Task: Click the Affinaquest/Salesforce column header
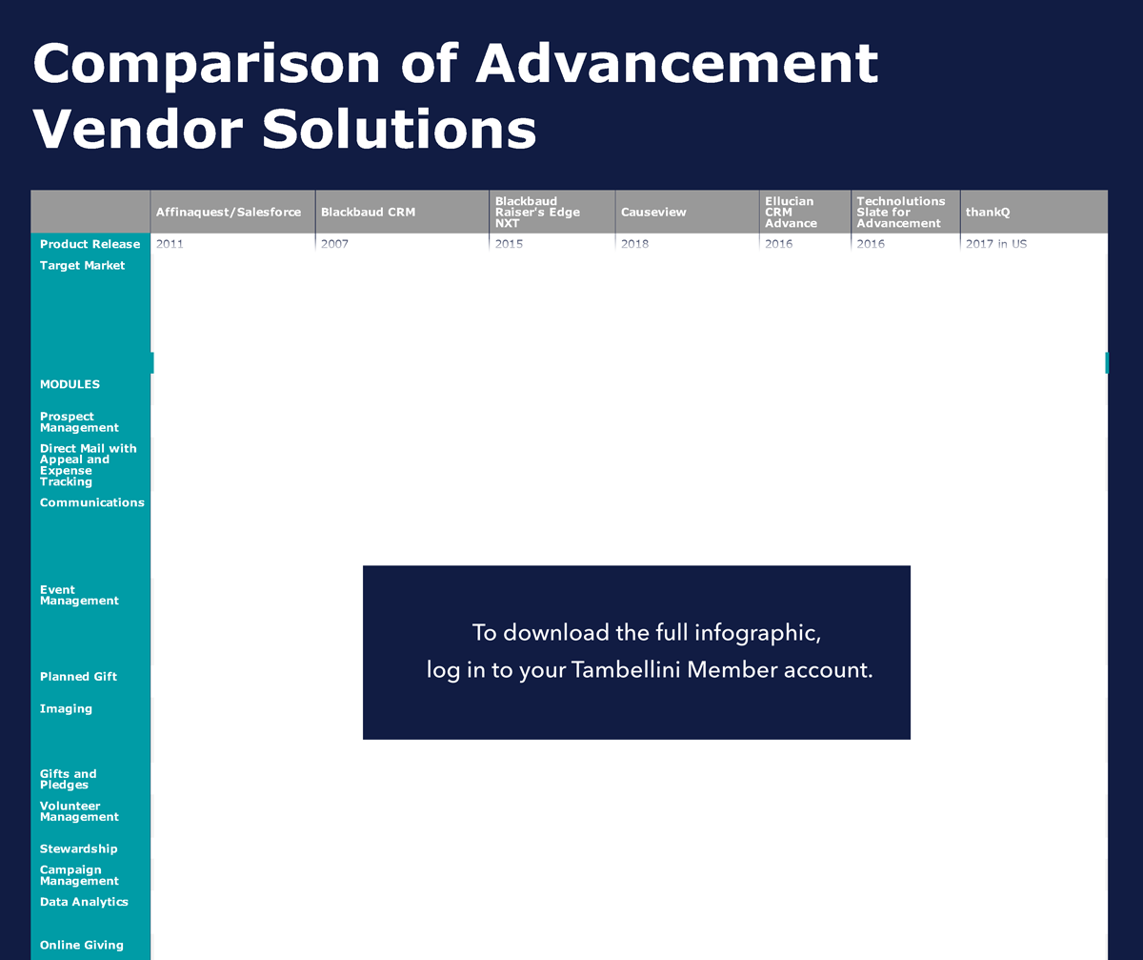tap(229, 212)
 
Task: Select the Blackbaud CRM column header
tap(368, 212)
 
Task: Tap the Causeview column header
tap(653, 212)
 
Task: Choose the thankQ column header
tap(988, 212)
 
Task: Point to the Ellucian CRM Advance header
tap(791, 212)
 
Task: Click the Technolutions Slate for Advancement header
tap(900, 212)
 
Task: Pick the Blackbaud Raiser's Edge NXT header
tap(537, 212)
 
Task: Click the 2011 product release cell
tap(170, 244)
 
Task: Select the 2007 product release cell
tap(334, 244)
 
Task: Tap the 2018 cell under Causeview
tap(634, 244)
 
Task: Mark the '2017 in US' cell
tap(996, 244)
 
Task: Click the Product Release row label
tap(90, 244)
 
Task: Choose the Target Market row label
tap(82, 266)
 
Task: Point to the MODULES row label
tap(70, 384)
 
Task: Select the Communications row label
tap(92, 502)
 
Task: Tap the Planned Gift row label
tap(78, 677)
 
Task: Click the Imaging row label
tap(66, 709)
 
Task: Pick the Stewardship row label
tap(78, 848)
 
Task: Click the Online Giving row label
tap(82, 945)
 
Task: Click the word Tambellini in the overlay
tap(625, 669)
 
